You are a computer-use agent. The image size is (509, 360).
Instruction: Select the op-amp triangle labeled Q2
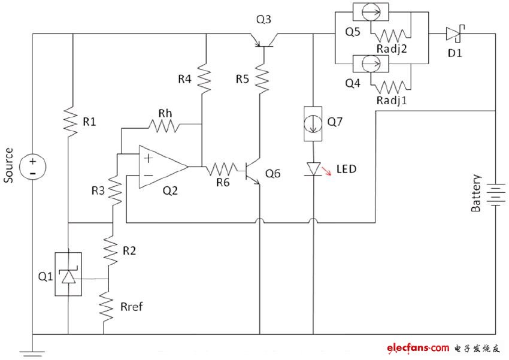(x=161, y=167)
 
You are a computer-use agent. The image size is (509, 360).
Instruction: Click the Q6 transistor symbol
(x=255, y=171)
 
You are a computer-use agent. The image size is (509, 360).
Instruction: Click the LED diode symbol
(x=313, y=169)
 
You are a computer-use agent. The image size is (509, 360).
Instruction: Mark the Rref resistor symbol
(x=108, y=305)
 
